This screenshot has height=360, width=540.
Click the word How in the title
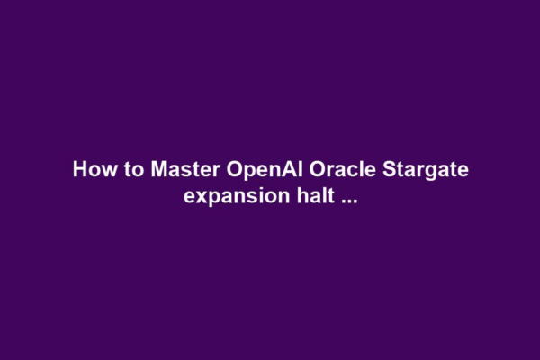[89, 169]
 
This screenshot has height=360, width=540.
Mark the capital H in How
[79, 169]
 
